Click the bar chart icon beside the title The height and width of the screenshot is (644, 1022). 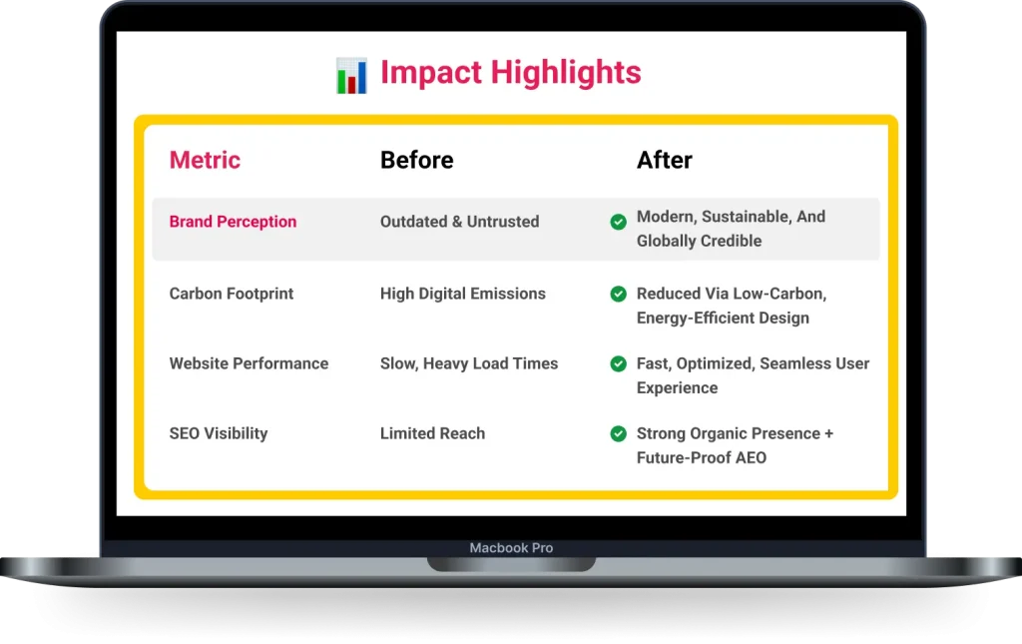pos(351,76)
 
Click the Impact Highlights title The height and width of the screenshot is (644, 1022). pos(510,73)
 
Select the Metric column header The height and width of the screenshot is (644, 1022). pos(205,160)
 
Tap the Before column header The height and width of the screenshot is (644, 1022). pos(416,160)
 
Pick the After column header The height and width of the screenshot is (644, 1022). pos(665,160)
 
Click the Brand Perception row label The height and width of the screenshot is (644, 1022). pos(233,222)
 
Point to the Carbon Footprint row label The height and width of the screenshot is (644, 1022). pos(232,294)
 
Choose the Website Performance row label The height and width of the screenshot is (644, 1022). pos(249,363)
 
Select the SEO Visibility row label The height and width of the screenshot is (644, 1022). pos(219,433)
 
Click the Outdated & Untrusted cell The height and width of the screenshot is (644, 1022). pos(459,222)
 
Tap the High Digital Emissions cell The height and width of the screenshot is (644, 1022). pos(462,294)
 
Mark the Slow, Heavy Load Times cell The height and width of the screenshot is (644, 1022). pos(469,363)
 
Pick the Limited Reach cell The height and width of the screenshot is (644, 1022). pos(432,433)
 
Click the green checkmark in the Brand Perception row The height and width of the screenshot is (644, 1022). pos(619,222)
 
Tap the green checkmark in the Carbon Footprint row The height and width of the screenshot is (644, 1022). pos(619,294)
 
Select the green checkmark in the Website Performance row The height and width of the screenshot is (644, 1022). pos(619,363)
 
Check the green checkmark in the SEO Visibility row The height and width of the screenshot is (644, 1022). pos(619,433)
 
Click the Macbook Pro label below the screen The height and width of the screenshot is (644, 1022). pos(511,548)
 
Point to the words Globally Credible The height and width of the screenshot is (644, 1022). pos(699,241)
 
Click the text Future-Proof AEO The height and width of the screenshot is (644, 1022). pos(701,458)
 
